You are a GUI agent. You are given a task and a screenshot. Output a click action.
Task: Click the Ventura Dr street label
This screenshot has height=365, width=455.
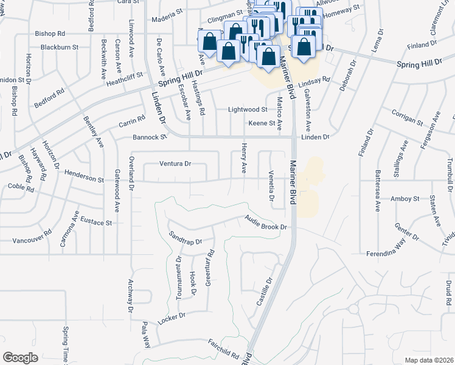(x=175, y=164)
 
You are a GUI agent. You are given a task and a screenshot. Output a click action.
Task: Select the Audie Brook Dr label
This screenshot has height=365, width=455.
(x=265, y=223)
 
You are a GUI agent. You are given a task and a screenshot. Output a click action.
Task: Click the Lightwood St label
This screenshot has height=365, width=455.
(x=248, y=109)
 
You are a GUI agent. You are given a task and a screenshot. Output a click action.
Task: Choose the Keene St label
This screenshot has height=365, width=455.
(x=262, y=123)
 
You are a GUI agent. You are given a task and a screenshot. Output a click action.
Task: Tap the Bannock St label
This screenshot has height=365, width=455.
(x=150, y=137)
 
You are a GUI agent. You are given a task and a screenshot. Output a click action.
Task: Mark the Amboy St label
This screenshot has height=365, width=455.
(x=405, y=199)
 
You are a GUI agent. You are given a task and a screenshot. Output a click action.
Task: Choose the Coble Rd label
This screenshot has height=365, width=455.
(x=21, y=187)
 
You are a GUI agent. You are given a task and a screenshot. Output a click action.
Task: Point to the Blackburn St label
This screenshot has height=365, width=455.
(x=60, y=47)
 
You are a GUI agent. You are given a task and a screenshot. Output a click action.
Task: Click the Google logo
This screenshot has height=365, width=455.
(x=20, y=358)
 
